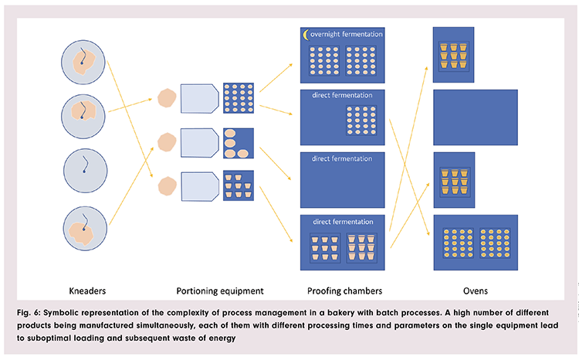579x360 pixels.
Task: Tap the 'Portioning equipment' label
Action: point(220,290)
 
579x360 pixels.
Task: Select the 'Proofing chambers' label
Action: point(342,290)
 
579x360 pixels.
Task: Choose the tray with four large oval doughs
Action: point(238,143)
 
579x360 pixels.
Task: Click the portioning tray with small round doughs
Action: point(238,98)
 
